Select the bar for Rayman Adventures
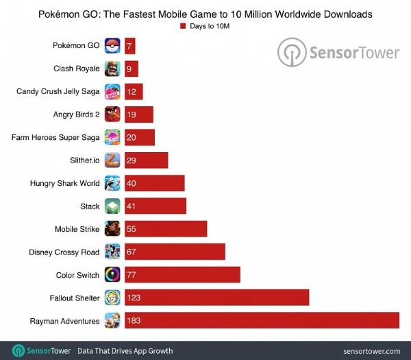[x=261, y=321]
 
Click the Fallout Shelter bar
[x=216, y=298]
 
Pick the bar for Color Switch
[x=182, y=275]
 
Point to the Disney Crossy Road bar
[x=174, y=252]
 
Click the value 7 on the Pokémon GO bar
[x=130, y=46]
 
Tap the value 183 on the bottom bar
[x=135, y=321]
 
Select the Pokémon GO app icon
[x=113, y=46]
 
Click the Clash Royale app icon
[x=113, y=69]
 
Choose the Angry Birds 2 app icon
[x=113, y=115]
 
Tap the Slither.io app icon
[x=113, y=160]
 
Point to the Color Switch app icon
[x=113, y=275]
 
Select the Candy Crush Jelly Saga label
[x=59, y=91]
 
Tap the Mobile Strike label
[x=77, y=229]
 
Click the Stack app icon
[x=113, y=206]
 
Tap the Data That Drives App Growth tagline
[x=125, y=350]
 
